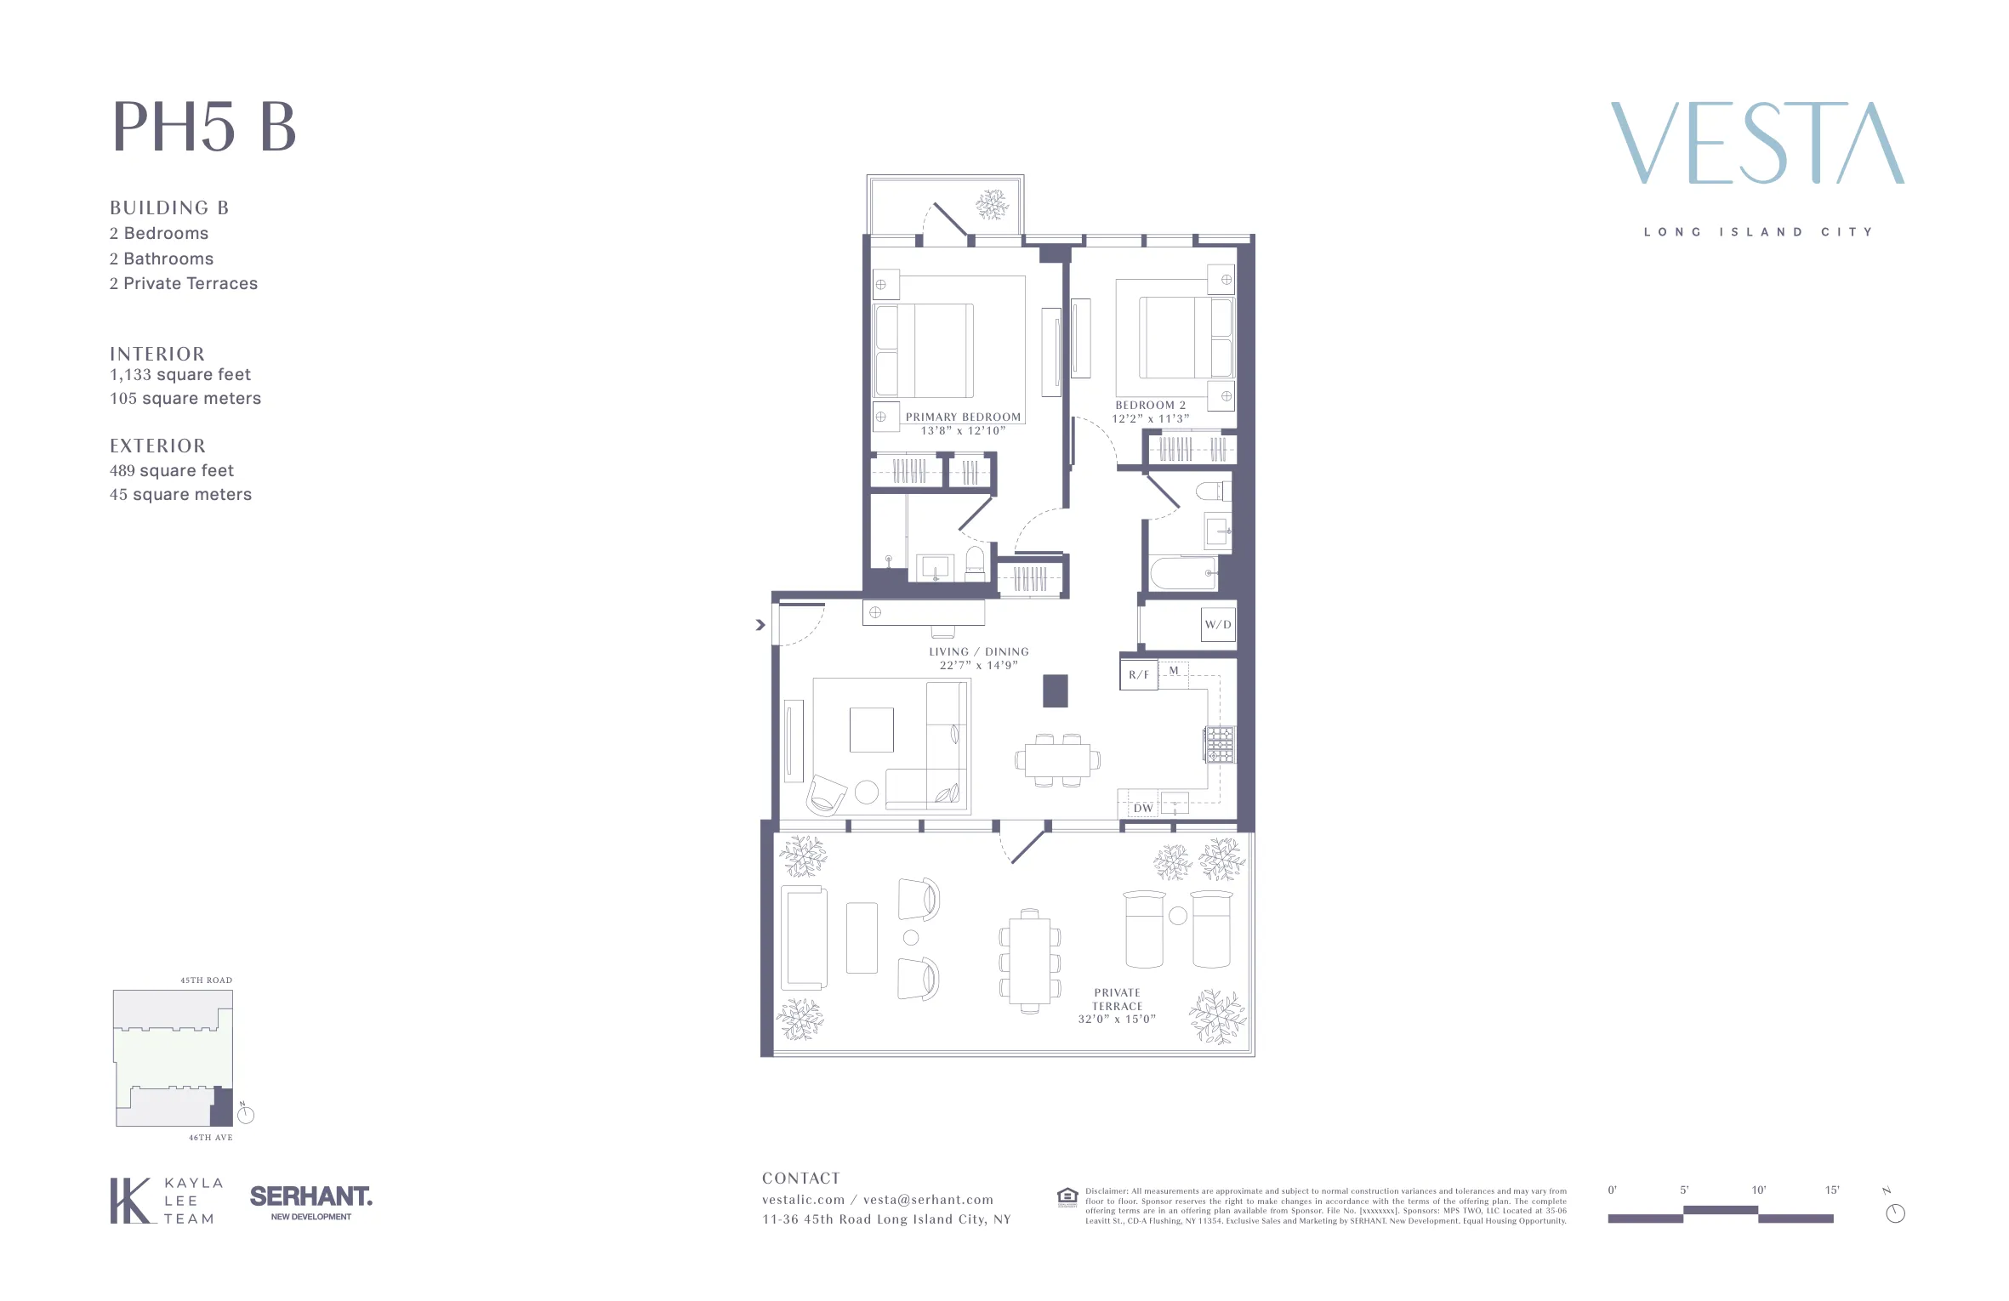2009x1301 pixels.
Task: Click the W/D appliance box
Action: pyautogui.click(x=1217, y=624)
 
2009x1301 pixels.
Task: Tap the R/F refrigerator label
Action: pyautogui.click(x=1138, y=675)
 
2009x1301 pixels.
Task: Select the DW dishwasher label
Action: pyautogui.click(x=1143, y=808)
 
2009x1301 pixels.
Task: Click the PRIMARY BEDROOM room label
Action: pyautogui.click(x=963, y=418)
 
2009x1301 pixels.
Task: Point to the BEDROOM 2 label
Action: pyautogui.click(x=1150, y=406)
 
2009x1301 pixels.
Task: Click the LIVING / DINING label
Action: pyautogui.click(x=978, y=652)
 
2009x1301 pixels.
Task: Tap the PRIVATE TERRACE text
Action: pyautogui.click(x=1117, y=1000)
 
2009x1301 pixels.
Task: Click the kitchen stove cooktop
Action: pyautogui.click(x=1219, y=745)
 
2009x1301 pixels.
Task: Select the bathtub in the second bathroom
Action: pyautogui.click(x=1183, y=573)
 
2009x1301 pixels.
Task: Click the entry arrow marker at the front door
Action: pyautogui.click(x=760, y=625)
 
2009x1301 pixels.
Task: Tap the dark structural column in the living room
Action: pyautogui.click(x=1055, y=690)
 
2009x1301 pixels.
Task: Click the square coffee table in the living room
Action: pyautogui.click(x=871, y=730)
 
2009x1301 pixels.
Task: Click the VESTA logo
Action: pyautogui.click(x=1757, y=143)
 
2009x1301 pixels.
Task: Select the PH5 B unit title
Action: pyautogui.click(x=204, y=128)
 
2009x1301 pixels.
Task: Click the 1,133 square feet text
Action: pyautogui.click(x=180, y=375)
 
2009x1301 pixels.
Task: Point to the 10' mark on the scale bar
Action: pyautogui.click(x=1758, y=1190)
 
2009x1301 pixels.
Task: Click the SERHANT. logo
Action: pyautogui.click(x=311, y=1197)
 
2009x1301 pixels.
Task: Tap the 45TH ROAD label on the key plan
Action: pyautogui.click(x=206, y=980)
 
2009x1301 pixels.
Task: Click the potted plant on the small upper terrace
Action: pyautogui.click(x=992, y=205)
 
